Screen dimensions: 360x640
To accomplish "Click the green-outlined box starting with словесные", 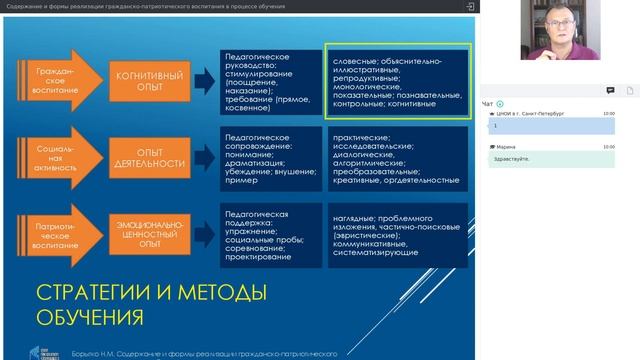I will pyautogui.click(x=398, y=82).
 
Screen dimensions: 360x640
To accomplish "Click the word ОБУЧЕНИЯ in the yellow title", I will pyautogui.click(x=90, y=317).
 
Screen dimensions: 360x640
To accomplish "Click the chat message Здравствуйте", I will pyautogui.click(x=512, y=159).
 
